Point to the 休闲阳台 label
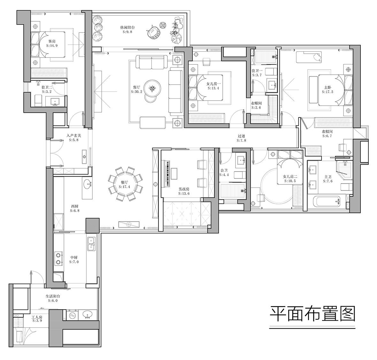(127, 27)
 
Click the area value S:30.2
(136, 91)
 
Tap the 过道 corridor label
(241, 136)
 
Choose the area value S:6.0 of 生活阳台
(53, 300)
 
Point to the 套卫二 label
(47, 86)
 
